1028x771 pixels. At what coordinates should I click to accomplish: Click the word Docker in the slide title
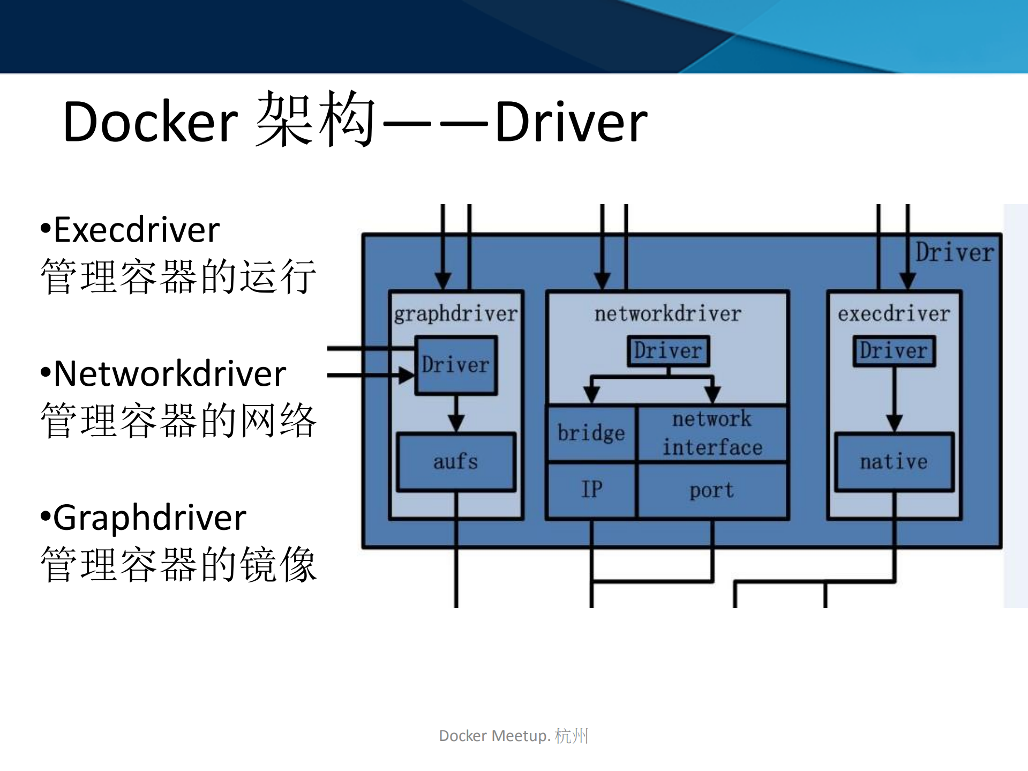pos(150,122)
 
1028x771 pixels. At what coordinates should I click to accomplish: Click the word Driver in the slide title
pos(571,122)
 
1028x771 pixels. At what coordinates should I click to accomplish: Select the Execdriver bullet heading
pos(136,230)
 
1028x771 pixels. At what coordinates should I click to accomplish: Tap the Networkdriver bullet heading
pos(169,373)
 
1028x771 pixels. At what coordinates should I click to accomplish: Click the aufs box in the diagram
pos(456,461)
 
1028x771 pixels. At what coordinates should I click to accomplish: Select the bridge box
pos(591,433)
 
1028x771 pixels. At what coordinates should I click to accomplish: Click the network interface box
pos(712,433)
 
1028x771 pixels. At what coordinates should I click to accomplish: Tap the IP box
pos(591,490)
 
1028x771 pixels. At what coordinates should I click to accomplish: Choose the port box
pos(712,490)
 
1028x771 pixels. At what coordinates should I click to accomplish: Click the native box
pos(894,461)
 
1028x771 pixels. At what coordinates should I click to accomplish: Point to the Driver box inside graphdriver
pos(456,365)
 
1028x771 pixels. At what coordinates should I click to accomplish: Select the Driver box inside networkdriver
pos(668,351)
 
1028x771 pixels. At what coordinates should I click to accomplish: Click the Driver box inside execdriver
pos(894,351)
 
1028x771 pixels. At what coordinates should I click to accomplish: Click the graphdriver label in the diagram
pos(456,314)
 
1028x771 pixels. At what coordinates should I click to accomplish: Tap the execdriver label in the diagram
pos(894,314)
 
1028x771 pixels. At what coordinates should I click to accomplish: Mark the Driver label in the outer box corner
pos(954,252)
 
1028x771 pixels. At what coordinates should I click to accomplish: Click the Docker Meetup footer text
pos(513,736)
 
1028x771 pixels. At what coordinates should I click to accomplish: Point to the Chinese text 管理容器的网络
pos(178,421)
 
